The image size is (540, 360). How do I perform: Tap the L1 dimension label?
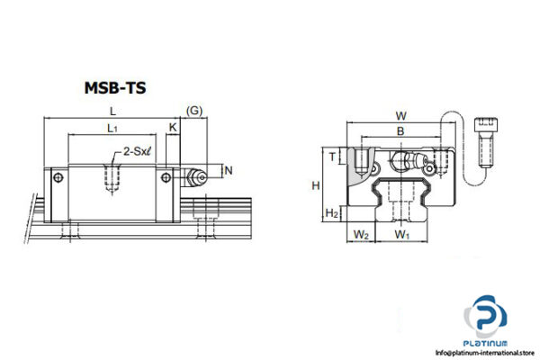coord(112,130)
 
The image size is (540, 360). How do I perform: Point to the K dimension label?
coord(173,130)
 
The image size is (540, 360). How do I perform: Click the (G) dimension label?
coord(193,110)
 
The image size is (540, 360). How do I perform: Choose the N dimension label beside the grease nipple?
coord(228,170)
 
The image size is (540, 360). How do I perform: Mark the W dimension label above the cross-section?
coord(400,115)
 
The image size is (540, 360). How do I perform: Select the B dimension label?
coord(400,131)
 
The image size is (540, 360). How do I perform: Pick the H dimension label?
coord(315,184)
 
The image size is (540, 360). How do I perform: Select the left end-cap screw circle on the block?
coord(59,176)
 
